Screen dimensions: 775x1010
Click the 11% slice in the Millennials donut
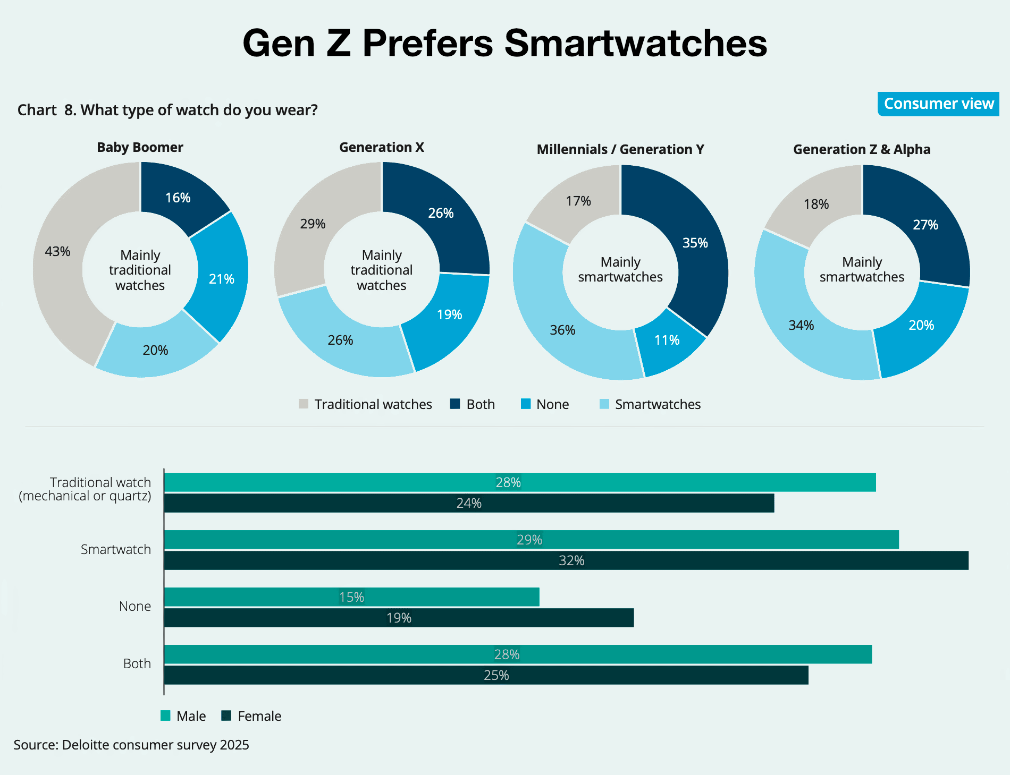[667, 340]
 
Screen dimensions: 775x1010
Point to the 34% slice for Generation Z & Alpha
[801, 325]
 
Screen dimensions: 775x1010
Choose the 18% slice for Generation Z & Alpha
[816, 204]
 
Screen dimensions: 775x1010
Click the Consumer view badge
[938, 104]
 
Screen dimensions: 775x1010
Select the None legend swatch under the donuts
[526, 404]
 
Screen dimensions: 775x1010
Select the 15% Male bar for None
[351, 597]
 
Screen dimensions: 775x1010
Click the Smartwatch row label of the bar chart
[116, 549]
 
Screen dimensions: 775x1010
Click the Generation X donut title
[382, 147]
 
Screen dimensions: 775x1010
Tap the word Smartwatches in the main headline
[635, 42]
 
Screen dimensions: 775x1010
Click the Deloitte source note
[131, 745]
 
